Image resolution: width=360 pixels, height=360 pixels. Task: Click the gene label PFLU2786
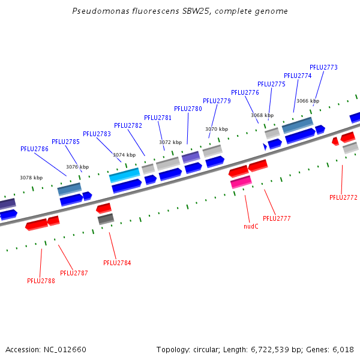coord(34,149)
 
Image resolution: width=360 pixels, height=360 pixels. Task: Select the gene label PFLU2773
coord(323,67)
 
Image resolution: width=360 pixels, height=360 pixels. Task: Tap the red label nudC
coord(251,226)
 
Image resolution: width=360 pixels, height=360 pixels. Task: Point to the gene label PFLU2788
coord(41,280)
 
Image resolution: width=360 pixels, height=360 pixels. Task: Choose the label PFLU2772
coord(343,197)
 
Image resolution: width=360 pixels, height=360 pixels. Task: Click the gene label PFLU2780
coord(188,109)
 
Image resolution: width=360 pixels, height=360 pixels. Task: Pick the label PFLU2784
coord(117,263)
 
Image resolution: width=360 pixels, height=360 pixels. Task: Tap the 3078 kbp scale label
coord(31,178)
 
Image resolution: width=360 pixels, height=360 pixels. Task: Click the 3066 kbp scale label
coord(308,101)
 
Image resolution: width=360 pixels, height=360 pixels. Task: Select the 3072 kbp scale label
coord(170,142)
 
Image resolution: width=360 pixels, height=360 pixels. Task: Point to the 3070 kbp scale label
coord(217,129)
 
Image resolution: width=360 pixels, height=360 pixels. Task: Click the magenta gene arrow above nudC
coord(241,181)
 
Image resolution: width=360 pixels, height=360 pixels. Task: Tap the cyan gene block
coord(124,175)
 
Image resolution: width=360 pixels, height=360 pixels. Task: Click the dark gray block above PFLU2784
coord(106,219)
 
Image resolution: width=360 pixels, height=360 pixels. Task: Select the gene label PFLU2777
coord(277,218)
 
